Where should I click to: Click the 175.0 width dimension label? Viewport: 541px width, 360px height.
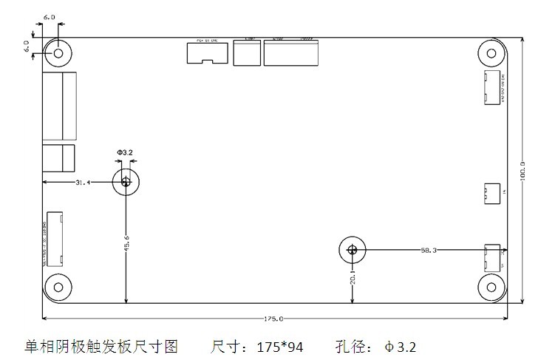click(273, 319)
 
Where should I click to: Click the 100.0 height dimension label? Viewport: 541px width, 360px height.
click(523, 171)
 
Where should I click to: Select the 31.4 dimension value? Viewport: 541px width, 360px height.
click(82, 182)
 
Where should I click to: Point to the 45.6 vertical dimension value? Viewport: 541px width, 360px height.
click(126, 242)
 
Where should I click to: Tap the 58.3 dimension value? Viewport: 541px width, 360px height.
click(429, 251)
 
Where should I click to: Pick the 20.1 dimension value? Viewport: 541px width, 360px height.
click(353, 277)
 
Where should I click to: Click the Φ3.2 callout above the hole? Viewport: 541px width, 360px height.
click(125, 152)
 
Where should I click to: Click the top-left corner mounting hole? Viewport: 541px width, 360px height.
click(56, 52)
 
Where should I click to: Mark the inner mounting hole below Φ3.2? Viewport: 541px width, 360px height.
click(126, 182)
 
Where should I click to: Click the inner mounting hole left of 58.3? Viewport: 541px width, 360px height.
click(352, 250)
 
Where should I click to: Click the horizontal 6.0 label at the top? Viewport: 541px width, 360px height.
click(50, 16)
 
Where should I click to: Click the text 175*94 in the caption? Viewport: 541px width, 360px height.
click(280, 346)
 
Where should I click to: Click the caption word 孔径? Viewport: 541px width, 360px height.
click(355, 346)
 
